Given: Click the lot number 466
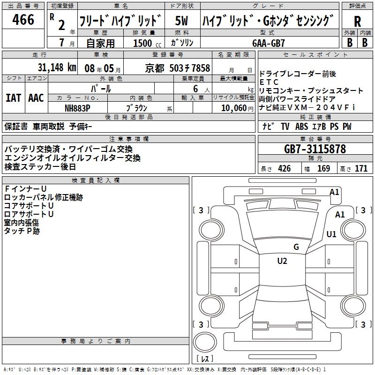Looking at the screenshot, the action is (23, 20).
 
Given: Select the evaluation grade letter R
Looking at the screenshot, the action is (357, 21).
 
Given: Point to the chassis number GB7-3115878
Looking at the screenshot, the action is (315, 149).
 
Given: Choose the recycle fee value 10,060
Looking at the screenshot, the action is (232, 107).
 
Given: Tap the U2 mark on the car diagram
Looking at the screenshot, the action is (282, 261).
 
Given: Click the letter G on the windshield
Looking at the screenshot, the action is (296, 247).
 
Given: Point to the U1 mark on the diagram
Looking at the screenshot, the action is (332, 234).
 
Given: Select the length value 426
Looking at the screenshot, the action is (284, 169).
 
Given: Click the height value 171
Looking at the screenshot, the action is (361, 169).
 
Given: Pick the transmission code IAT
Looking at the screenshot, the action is (13, 98).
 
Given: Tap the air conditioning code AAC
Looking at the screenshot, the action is (36, 98).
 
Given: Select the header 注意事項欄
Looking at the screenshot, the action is (129, 139).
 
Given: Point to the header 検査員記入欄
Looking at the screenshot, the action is (96, 180).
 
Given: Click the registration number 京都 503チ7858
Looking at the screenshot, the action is (177, 67).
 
